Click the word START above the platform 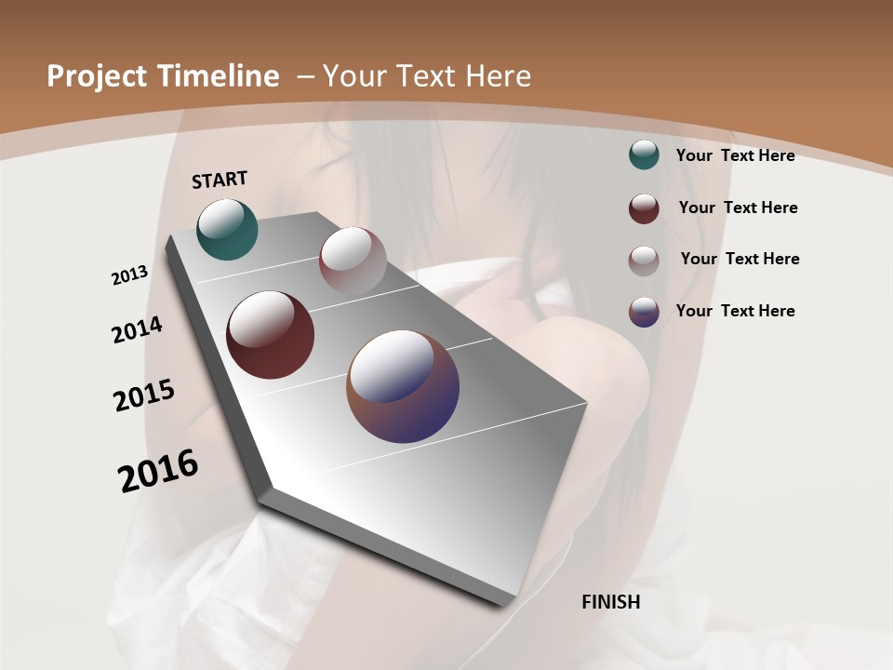(x=220, y=179)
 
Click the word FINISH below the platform (x=610, y=602)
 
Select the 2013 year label (x=129, y=275)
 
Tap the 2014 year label (x=137, y=329)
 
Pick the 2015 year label (x=144, y=395)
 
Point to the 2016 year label (x=158, y=470)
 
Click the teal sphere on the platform (x=227, y=229)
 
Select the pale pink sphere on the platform (x=353, y=260)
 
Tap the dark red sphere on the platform (x=270, y=335)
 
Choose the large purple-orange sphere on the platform (x=403, y=385)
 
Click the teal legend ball (x=644, y=154)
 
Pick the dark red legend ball (x=644, y=208)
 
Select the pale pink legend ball (x=644, y=260)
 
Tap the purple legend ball (x=644, y=311)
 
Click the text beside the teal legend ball (x=735, y=155)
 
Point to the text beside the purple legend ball (x=735, y=311)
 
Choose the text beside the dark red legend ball (x=738, y=208)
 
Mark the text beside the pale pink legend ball (x=740, y=259)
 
